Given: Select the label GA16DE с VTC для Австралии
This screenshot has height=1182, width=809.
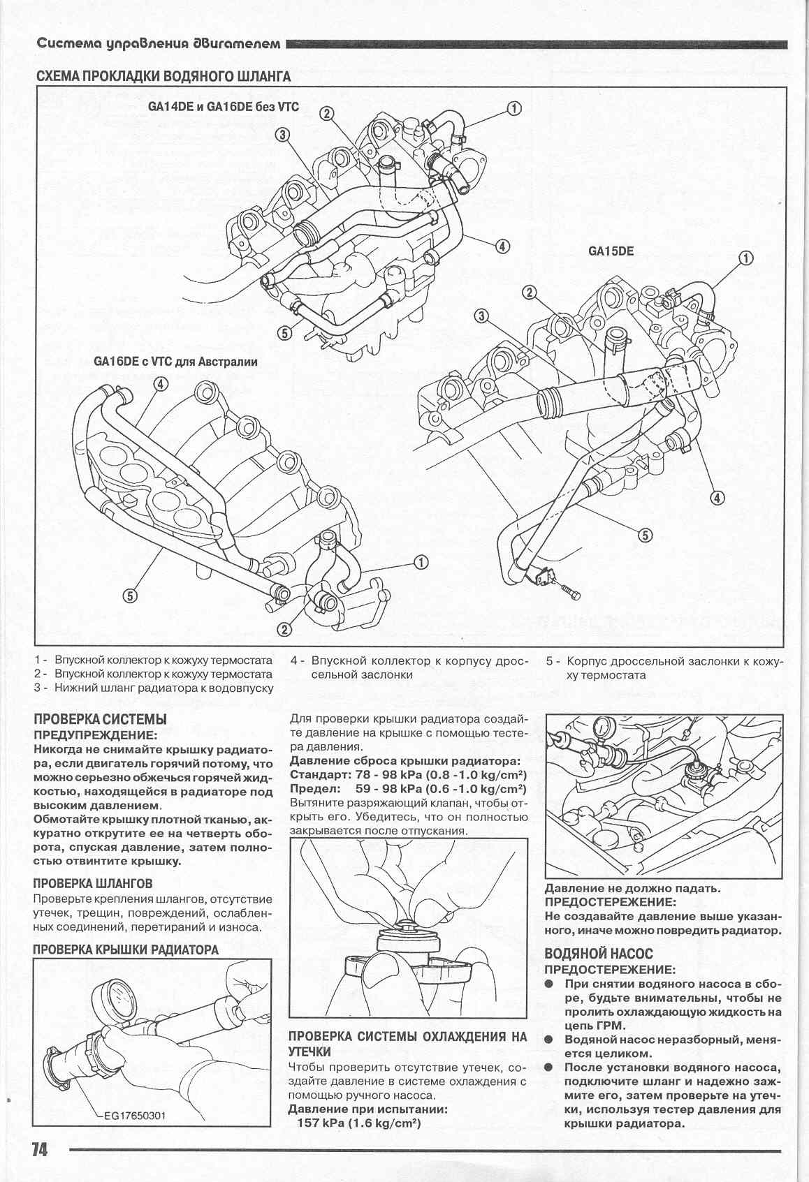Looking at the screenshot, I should click(175, 362).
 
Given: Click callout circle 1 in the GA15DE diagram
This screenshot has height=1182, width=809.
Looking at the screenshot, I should click(746, 258).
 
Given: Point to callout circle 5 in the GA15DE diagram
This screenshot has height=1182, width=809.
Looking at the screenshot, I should click(645, 535).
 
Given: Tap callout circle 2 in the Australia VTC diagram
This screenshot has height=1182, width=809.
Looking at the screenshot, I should click(284, 629).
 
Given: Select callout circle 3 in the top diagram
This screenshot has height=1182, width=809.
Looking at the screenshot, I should click(282, 135).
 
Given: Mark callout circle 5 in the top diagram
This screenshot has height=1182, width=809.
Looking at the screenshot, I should click(284, 332).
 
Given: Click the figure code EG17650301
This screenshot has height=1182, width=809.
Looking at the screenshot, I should click(131, 1116).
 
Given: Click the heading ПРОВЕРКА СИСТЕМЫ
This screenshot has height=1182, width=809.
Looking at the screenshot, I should click(101, 719).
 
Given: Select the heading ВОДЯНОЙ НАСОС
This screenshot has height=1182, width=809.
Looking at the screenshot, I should click(599, 954).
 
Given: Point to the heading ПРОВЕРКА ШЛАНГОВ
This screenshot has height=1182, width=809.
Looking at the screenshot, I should click(93, 883).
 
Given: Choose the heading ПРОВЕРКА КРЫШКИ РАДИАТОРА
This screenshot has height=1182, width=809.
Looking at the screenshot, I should click(126, 950).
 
